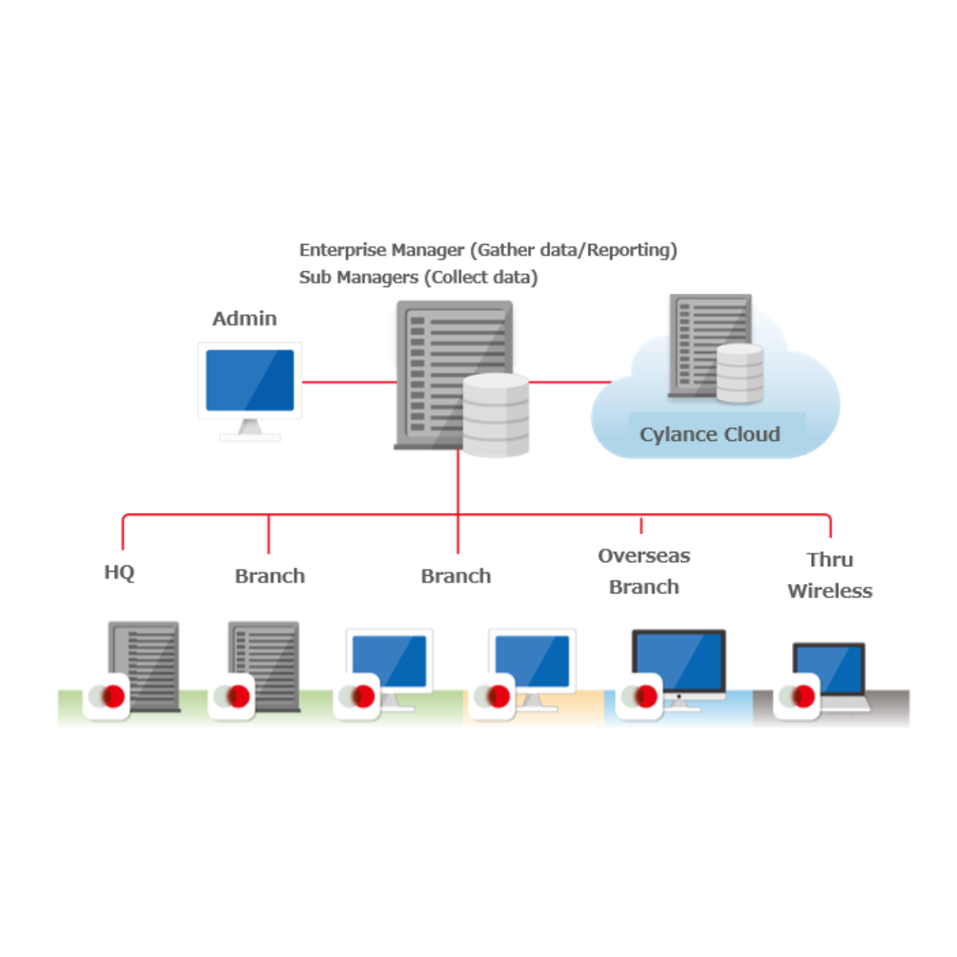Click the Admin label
tap(245, 319)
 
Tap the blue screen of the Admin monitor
tap(250, 381)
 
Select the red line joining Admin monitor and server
tap(349, 382)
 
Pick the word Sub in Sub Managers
tap(314, 278)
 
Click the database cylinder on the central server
tap(496, 415)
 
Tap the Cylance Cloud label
tap(710, 435)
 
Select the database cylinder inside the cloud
tap(739, 373)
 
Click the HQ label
tap(120, 573)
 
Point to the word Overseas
tap(644, 556)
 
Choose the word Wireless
tap(829, 591)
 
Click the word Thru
tap(829, 560)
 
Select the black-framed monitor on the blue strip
tap(679, 664)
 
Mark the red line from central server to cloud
tap(569, 382)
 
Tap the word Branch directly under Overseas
tap(644, 588)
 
